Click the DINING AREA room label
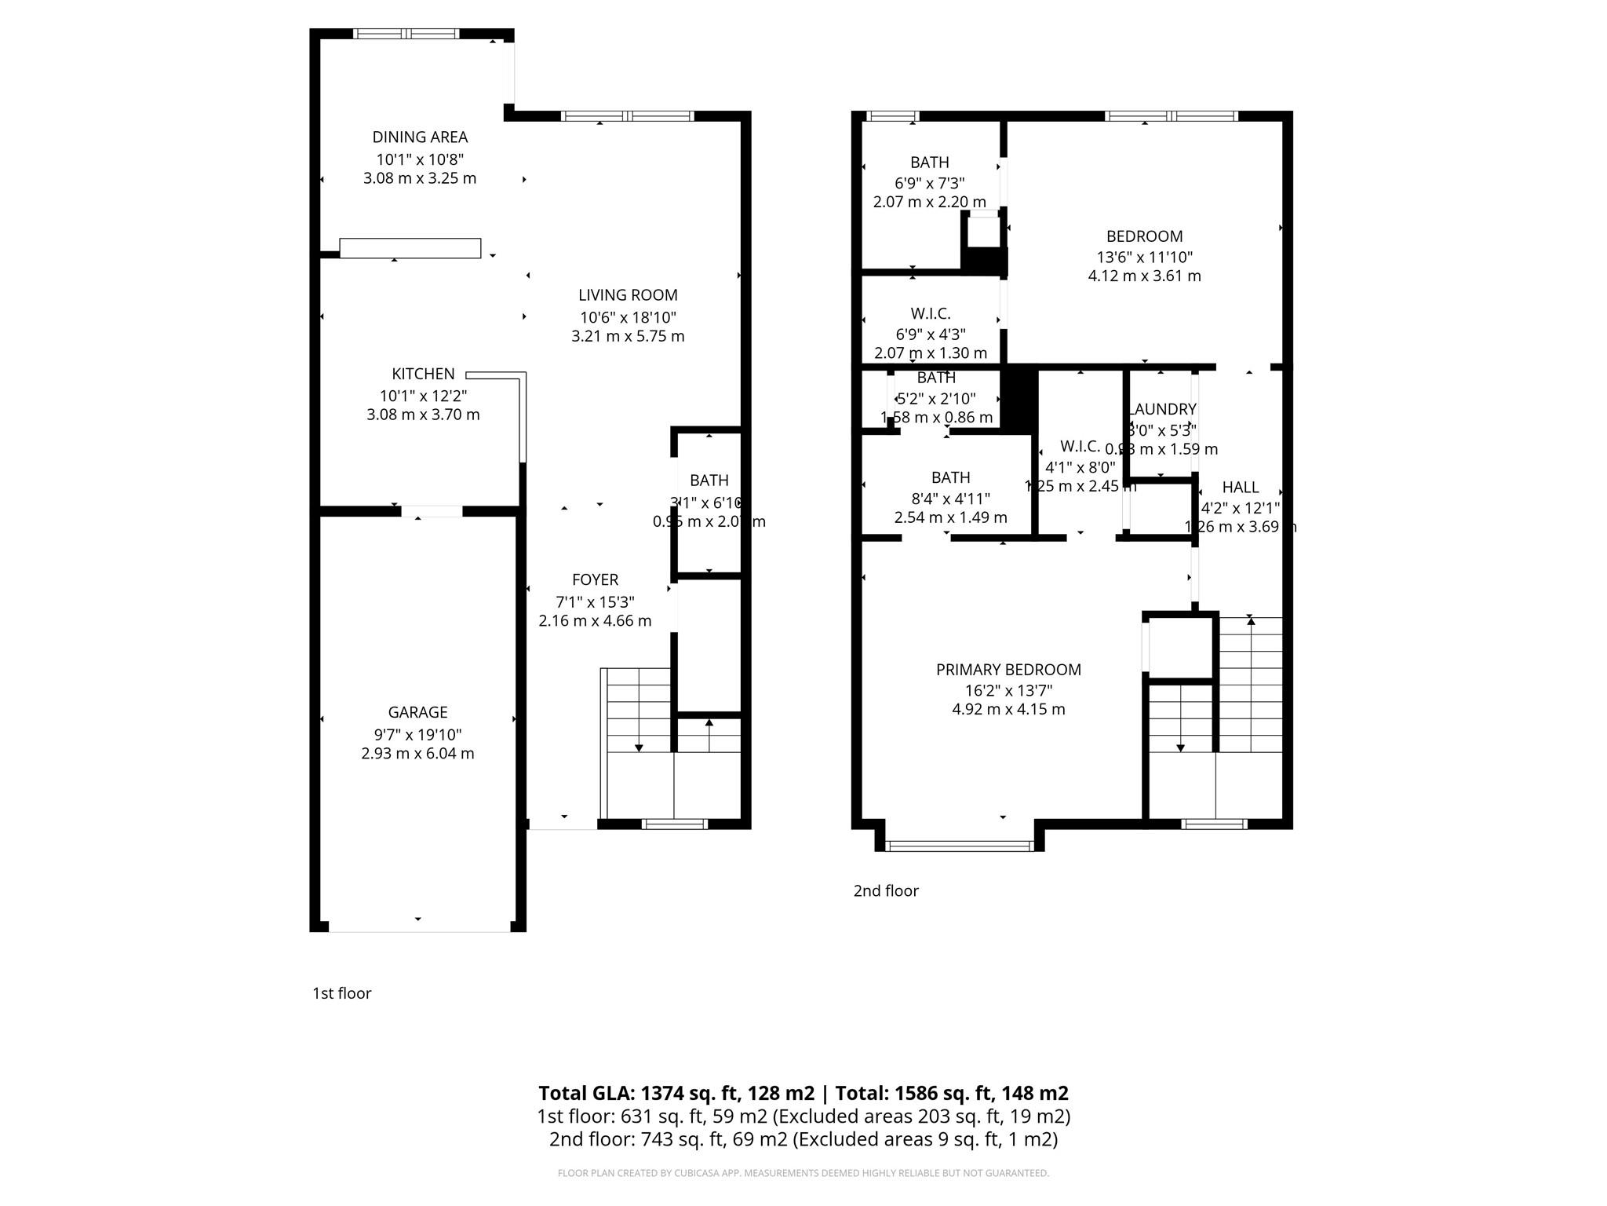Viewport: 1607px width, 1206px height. point(420,137)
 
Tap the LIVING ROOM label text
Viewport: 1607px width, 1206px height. point(628,295)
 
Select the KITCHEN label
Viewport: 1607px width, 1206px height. point(423,375)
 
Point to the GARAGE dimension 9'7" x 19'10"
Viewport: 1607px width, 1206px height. point(417,735)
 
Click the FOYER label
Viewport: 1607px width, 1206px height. point(595,580)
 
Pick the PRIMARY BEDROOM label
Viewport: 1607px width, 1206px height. point(1008,670)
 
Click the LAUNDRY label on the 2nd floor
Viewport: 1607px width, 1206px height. point(1163,409)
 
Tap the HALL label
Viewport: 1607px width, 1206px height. point(1240,488)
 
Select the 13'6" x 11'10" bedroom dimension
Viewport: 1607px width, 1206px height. point(1144,257)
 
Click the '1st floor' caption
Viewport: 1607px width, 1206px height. point(341,993)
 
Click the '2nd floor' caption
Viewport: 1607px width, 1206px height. point(886,890)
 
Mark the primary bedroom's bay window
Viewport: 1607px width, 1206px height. point(960,846)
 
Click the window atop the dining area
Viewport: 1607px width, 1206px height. point(406,34)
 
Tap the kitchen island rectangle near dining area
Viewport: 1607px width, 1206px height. point(410,248)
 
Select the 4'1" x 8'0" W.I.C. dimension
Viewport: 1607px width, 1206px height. point(1080,467)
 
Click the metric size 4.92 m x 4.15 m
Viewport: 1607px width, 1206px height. point(1008,710)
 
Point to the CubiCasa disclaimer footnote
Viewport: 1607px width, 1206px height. point(803,1173)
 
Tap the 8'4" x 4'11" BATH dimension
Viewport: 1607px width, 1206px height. point(950,499)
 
